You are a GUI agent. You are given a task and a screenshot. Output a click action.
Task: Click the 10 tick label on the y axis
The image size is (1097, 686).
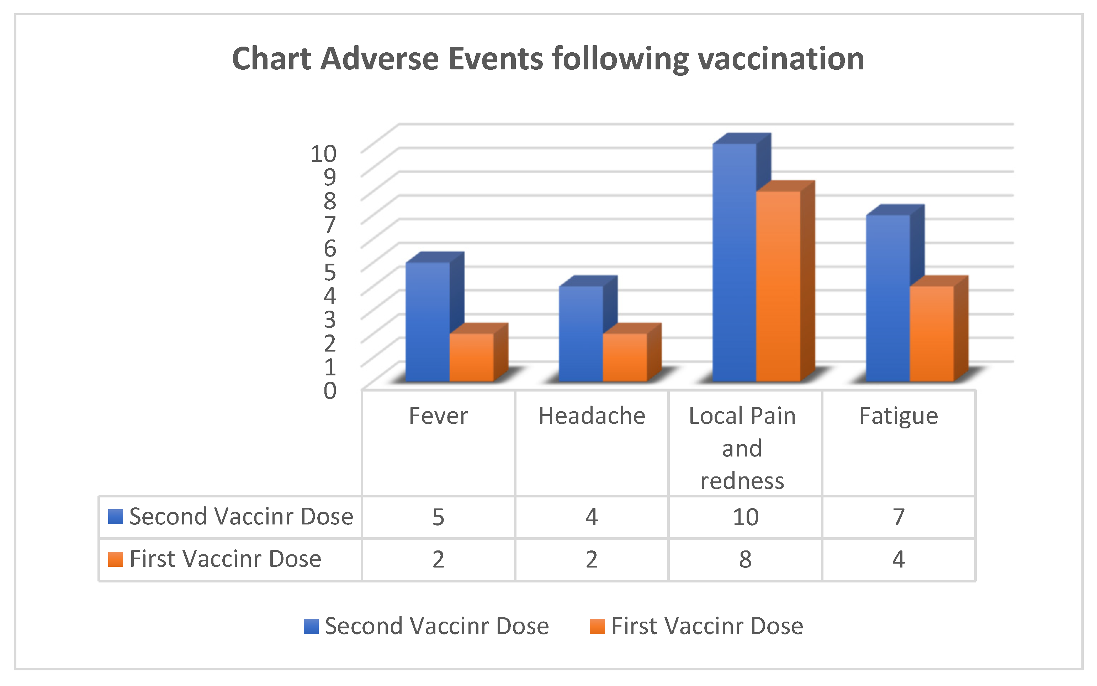tap(323, 154)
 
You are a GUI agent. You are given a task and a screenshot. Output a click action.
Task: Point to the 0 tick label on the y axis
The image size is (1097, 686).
tap(330, 391)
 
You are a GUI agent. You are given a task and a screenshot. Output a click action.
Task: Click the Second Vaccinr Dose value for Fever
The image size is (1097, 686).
tap(438, 517)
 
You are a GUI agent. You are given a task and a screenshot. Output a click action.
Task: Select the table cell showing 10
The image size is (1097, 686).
tap(745, 517)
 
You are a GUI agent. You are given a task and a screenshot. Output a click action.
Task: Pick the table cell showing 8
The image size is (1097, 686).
tap(745, 559)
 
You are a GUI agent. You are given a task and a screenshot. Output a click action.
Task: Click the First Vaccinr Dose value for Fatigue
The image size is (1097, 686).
tap(899, 559)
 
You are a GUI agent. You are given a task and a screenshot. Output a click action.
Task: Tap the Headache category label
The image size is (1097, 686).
tap(591, 416)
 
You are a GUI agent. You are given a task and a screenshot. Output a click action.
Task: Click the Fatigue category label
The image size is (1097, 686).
tap(899, 416)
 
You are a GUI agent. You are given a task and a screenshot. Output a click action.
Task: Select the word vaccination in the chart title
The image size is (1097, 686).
tap(780, 59)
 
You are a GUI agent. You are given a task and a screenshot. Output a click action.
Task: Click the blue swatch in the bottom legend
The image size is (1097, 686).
tap(311, 626)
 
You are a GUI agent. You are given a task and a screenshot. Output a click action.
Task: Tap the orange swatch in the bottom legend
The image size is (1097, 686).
tap(597, 626)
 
